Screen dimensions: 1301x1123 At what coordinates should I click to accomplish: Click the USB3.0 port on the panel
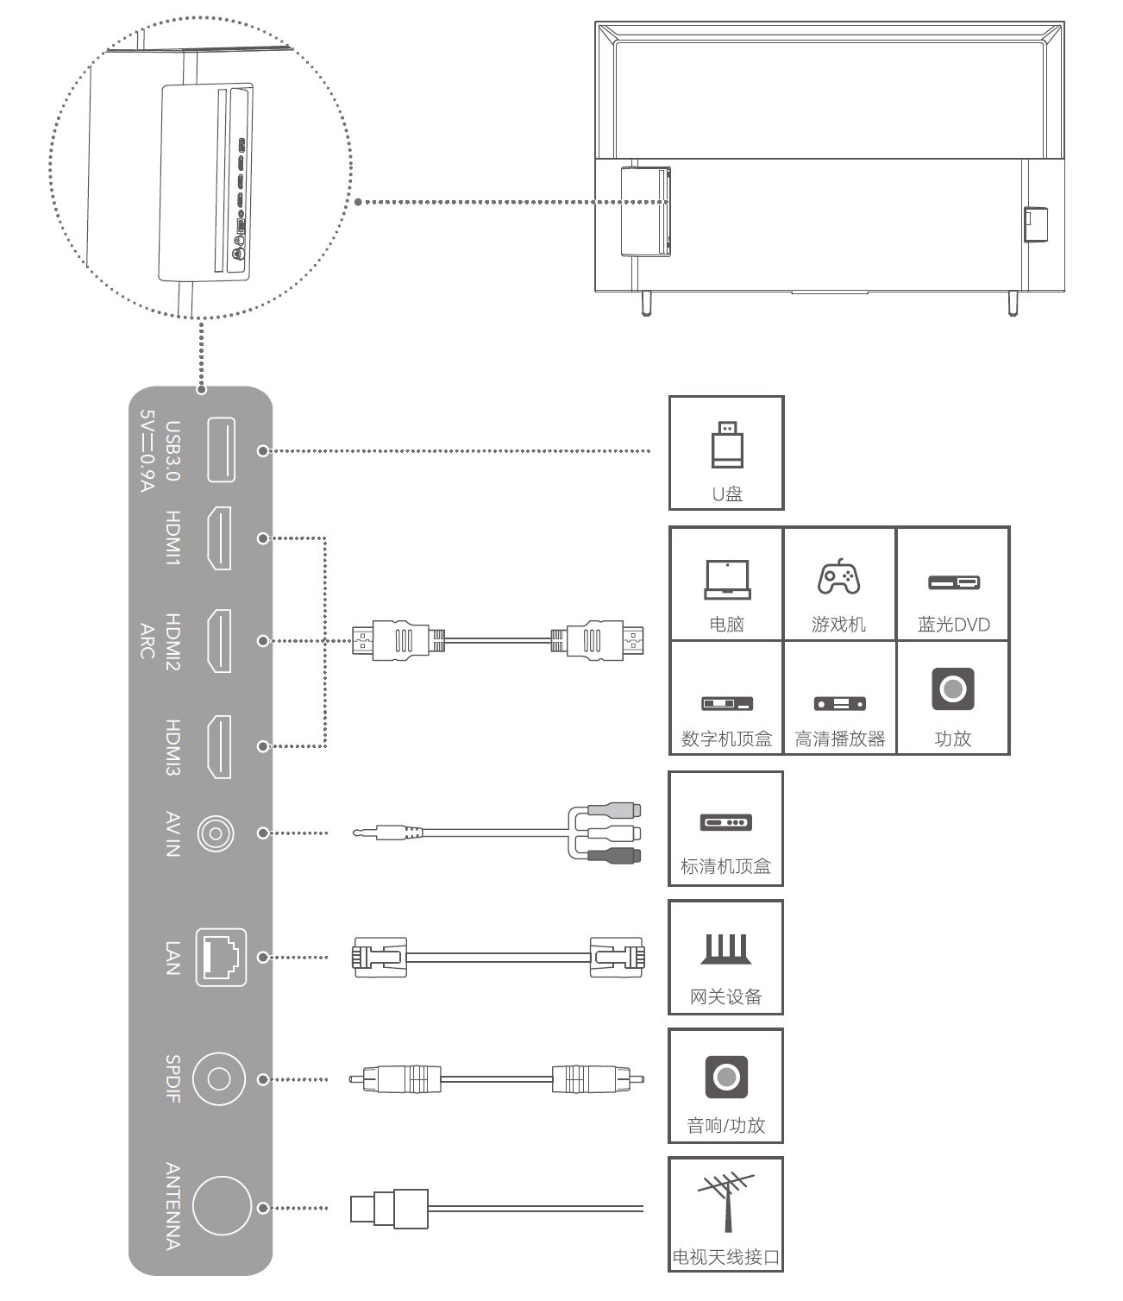coord(221,449)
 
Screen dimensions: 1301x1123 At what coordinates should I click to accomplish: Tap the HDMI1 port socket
coord(219,538)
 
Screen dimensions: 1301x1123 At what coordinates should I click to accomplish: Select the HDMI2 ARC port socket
coord(219,641)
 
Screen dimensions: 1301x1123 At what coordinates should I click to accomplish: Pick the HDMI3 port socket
coord(219,746)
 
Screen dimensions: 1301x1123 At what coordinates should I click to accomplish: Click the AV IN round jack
coord(216,833)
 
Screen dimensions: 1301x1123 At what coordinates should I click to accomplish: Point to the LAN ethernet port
coord(221,957)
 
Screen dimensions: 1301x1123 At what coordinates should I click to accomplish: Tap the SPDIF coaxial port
coord(219,1079)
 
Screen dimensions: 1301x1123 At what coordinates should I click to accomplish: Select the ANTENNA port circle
coord(222,1206)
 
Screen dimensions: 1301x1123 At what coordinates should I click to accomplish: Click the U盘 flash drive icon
coord(726,445)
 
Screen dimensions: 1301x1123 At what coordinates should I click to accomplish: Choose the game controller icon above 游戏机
coord(838,577)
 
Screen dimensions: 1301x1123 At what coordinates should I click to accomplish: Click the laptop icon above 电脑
coord(727,579)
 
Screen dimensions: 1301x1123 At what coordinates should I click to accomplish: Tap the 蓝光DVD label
coord(953,625)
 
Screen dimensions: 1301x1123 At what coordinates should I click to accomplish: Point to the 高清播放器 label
coord(839,738)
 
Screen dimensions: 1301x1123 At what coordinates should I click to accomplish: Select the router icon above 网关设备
coord(725,949)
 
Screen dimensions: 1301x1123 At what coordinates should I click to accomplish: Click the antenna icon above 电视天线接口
coord(725,1201)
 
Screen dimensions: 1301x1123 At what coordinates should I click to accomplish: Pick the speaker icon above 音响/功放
coord(726,1077)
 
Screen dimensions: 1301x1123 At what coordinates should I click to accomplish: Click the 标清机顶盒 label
coord(725,866)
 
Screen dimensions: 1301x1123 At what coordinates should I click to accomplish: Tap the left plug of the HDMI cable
coord(392,640)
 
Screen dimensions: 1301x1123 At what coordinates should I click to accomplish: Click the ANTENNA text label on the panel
coord(173,1206)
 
